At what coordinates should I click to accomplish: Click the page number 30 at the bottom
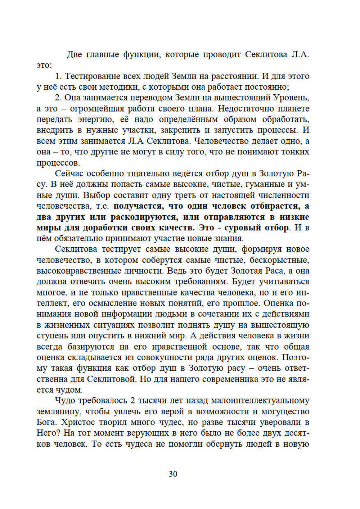(x=173, y=474)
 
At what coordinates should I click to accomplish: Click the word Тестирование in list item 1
(x=93, y=76)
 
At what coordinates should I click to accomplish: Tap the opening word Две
(x=74, y=55)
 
